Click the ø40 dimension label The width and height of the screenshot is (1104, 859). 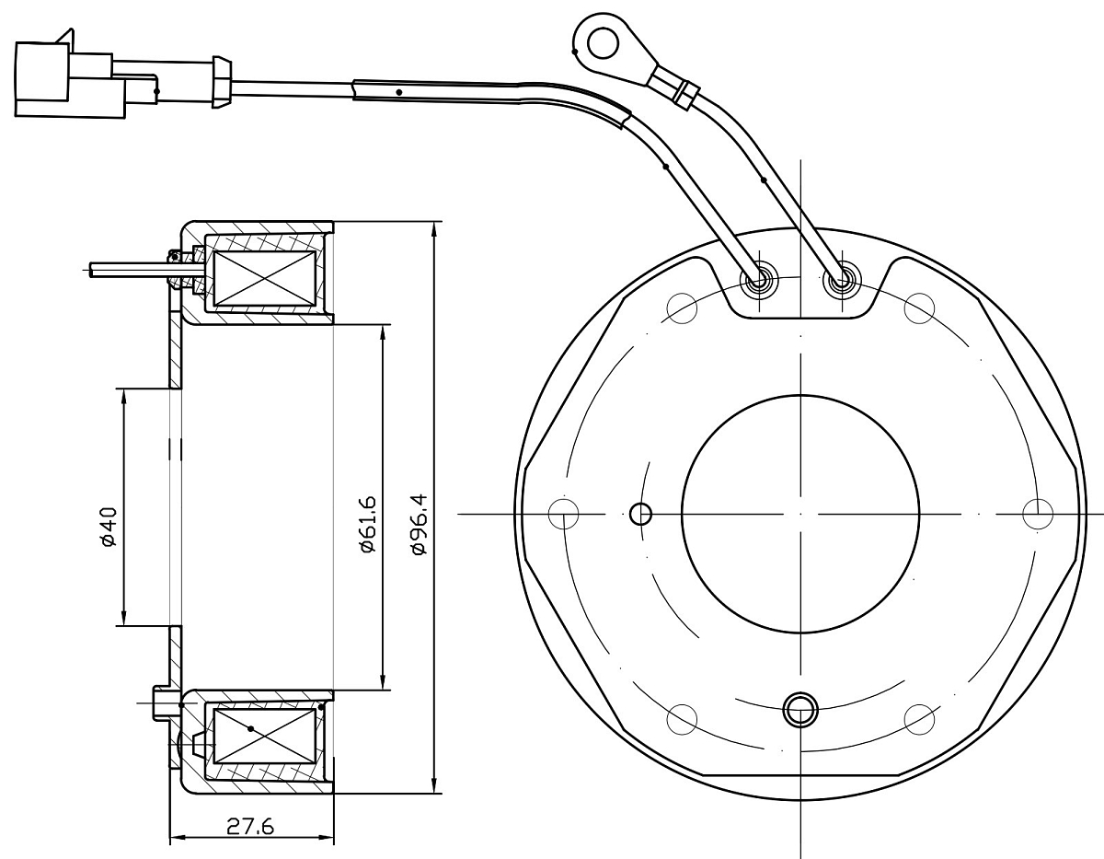[108, 526]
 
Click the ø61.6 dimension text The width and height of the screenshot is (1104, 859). [368, 522]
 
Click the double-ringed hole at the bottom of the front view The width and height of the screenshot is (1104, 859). [799, 710]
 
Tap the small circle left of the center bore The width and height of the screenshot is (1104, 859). [640, 514]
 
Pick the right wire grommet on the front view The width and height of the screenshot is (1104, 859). [840, 280]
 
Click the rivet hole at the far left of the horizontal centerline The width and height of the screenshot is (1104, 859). [562, 514]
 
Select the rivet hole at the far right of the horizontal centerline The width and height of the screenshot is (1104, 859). [1038, 514]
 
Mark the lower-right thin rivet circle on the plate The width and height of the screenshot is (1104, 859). [920, 719]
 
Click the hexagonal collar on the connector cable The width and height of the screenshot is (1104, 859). [221, 82]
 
